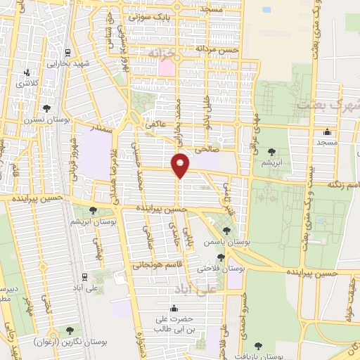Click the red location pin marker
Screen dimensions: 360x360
[x=181, y=165]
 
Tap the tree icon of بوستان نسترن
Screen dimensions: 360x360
[x=46, y=108]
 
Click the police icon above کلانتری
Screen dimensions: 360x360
[x=27, y=72]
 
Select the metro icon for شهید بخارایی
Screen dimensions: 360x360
[x=67, y=53]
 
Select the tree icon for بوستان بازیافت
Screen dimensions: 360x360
[x=257, y=345]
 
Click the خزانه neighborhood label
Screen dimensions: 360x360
[x=165, y=53]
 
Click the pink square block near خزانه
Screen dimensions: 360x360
[x=166, y=68]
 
